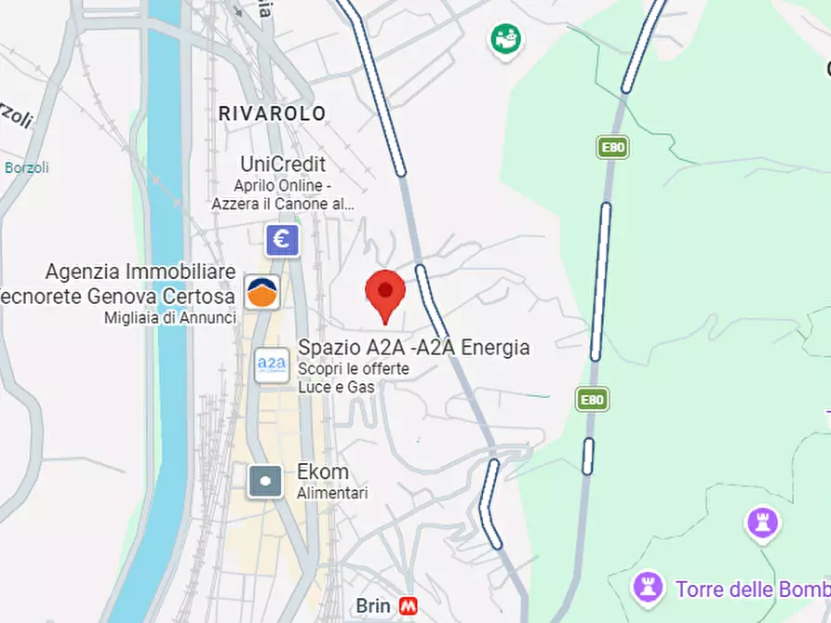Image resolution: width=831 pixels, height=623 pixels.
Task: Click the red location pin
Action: coord(385,294)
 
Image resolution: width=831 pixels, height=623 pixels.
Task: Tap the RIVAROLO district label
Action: coord(272,113)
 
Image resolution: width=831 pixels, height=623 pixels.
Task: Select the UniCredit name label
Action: coord(283,165)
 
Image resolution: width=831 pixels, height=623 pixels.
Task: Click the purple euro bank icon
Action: coord(282,240)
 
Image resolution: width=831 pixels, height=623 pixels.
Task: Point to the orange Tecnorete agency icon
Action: coord(261,292)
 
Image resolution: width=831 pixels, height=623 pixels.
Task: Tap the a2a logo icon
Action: coord(272,363)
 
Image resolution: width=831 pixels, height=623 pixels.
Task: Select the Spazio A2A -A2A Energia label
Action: coord(413,348)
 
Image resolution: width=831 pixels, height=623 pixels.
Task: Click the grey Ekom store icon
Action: coord(265,481)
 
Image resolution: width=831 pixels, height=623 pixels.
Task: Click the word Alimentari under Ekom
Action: coord(332,493)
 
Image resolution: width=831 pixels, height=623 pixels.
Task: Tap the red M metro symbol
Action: coord(408,606)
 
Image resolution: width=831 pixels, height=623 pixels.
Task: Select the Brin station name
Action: coord(373,606)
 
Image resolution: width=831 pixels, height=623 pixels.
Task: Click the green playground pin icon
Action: coord(505,39)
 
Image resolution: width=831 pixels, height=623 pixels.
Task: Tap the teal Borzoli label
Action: coord(27,168)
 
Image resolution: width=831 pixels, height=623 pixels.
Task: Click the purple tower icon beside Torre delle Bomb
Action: coord(648,588)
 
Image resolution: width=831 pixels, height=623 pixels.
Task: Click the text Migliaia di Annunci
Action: coord(170,318)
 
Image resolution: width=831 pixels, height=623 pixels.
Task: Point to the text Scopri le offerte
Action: coord(353,369)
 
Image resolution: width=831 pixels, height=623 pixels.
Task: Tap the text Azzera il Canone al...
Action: coord(283,204)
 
